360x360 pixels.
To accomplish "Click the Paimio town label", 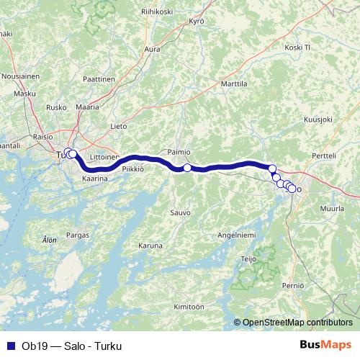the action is click(x=179, y=152).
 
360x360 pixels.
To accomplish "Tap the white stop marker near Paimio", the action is click(x=187, y=168).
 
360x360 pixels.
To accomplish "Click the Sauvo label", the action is click(x=180, y=212).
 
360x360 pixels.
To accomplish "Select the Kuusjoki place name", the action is click(x=318, y=120).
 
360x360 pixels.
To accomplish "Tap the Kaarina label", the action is click(x=95, y=177).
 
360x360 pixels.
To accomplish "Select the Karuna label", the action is click(x=150, y=245).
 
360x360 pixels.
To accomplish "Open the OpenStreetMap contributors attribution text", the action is click(x=297, y=322).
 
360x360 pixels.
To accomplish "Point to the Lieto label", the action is click(x=119, y=125).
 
